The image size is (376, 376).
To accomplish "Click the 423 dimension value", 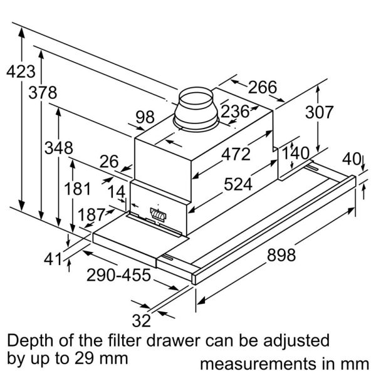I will tap(21, 71).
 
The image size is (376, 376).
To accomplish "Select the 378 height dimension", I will tap(42, 93).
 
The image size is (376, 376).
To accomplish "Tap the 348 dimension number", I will tap(58, 149).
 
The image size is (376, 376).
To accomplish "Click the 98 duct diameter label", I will tap(145, 117).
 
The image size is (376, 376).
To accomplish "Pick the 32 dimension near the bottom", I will tap(142, 321).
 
